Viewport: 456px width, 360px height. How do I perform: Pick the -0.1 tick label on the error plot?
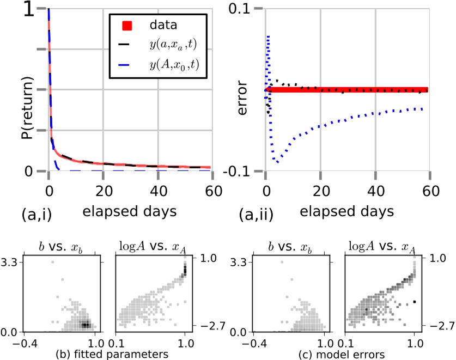point(239,171)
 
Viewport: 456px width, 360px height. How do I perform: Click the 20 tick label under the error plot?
point(320,192)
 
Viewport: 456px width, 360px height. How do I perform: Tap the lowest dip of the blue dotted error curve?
point(277,162)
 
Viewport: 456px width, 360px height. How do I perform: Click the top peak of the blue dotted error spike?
point(268,36)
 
